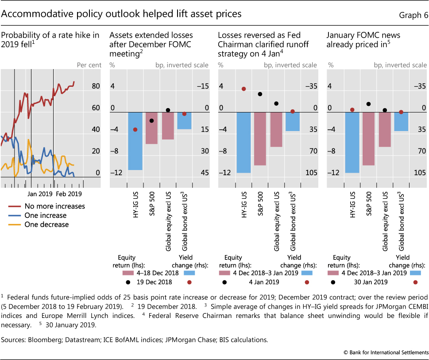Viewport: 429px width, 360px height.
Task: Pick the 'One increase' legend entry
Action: [46, 215]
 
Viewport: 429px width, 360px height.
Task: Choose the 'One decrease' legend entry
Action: [46, 225]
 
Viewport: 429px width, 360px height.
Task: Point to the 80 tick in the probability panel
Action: [96, 86]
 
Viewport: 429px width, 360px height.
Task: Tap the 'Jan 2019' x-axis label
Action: [39, 194]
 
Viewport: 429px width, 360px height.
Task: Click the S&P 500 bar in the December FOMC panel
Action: [151, 128]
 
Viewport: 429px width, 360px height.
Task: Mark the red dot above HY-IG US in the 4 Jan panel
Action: [244, 89]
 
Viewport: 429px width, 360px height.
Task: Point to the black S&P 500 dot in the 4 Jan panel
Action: [260, 94]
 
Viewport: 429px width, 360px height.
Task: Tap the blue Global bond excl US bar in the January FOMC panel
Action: [401, 121]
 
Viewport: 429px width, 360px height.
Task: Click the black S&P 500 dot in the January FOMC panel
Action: [368, 104]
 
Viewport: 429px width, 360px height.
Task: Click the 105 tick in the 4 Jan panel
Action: [311, 173]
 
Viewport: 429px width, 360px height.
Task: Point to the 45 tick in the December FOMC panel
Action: [204, 173]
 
